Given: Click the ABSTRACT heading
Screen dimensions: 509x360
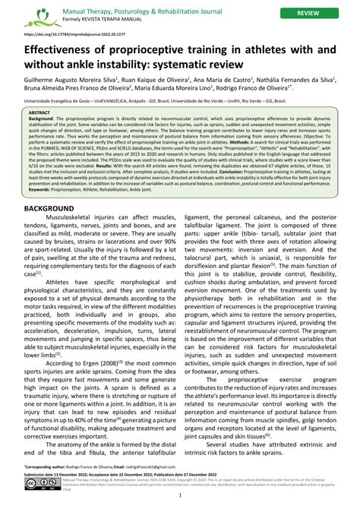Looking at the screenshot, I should pyautogui.click(x=39, y=112).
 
